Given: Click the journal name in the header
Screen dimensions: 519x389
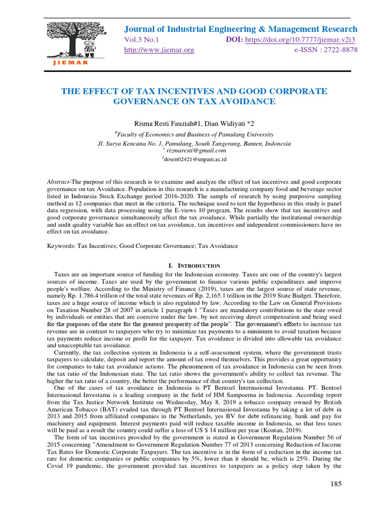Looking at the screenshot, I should [x=241, y=29].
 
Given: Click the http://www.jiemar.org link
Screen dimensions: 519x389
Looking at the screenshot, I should [x=159, y=50].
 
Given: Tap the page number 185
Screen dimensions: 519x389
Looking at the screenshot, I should [x=335, y=484].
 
